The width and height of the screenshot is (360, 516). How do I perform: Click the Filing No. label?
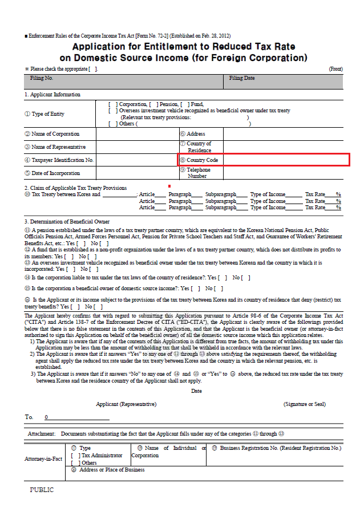[41, 78]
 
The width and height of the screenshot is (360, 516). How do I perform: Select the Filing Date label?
[242, 78]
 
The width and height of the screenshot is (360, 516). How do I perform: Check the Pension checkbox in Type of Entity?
[152, 104]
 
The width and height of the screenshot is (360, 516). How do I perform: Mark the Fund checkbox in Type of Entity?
[184, 104]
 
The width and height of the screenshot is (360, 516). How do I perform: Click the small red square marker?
[169, 186]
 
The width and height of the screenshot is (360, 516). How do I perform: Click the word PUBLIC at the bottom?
[42, 490]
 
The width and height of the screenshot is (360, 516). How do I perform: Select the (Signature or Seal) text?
[305, 404]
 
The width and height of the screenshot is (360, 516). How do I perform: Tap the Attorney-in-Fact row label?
[43, 459]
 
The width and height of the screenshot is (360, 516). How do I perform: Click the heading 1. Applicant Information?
[52, 95]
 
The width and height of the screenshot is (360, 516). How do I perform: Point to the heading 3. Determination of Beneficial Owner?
[67, 221]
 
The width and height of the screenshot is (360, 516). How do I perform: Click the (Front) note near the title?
[335, 69]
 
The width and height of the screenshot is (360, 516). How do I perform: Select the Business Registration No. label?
[280, 448]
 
